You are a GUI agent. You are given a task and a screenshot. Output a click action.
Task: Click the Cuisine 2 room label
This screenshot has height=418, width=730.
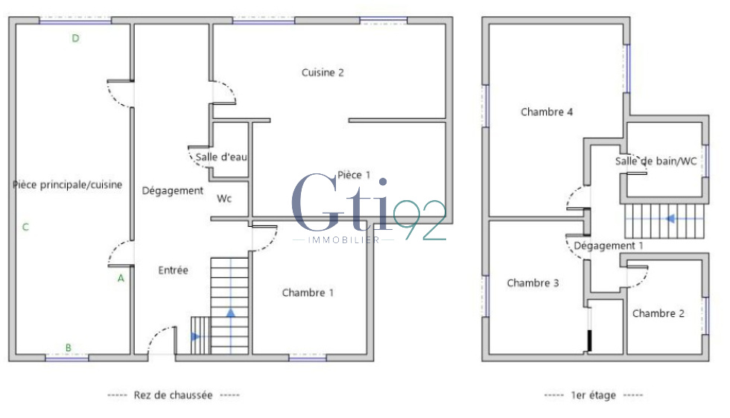click(x=323, y=73)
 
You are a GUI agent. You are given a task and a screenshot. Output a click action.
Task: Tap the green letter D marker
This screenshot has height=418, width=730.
click(x=75, y=38)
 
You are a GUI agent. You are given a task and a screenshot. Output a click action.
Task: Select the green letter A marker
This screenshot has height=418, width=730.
click(x=121, y=278)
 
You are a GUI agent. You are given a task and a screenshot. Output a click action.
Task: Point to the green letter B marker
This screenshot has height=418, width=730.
click(x=69, y=347)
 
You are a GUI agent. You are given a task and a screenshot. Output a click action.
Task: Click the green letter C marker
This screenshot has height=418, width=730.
click(x=25, y=227)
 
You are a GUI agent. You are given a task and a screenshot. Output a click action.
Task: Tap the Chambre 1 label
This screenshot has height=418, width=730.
click(x=308, y=293)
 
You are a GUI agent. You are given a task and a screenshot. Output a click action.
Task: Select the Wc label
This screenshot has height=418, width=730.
click(x=224, y=199)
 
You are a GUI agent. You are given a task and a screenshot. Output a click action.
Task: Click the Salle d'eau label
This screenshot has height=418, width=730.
click(x=221, y=157)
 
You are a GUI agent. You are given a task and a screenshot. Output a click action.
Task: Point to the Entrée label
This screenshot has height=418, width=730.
click(x=173, y=270)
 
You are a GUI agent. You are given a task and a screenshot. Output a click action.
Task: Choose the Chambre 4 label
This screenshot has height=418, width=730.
click(x=547, y=112)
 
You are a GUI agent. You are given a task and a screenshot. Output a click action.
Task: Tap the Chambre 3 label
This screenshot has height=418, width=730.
click(x=533, y=283)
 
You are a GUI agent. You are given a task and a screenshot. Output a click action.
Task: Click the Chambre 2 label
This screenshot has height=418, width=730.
click(x=658, y=313)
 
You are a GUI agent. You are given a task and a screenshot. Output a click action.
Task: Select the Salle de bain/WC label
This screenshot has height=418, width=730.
click(x=656, y=161)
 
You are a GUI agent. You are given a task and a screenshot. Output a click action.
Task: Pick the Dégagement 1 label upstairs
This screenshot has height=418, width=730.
click(x=609, y=245)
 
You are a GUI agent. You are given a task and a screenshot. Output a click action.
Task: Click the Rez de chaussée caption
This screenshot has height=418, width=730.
click(x=173, y=395)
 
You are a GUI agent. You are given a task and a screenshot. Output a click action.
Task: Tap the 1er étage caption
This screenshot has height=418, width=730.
click(x=594, y=395)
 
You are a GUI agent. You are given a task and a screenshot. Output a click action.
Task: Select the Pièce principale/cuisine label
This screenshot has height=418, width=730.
click(x=68, y=185)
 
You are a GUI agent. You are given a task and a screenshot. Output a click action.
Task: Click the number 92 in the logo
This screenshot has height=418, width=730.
click(x=419, y=220)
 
